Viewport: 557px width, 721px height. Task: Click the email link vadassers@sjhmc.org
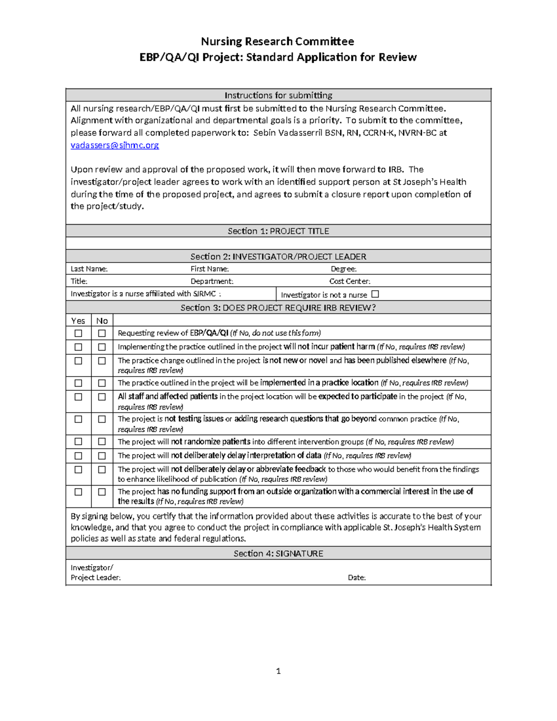(x=115, y=145)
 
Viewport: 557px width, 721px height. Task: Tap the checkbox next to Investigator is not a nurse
(x=376, y=294)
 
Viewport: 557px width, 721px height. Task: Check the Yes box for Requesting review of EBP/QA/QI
(x=78, y=333)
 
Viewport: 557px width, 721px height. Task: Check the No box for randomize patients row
(x=102, y=442)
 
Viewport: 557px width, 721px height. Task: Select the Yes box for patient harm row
(x=78, y=347)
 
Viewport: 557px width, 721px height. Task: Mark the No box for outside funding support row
(x=102, y=492)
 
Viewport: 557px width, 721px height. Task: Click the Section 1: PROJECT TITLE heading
(x=278, y=231)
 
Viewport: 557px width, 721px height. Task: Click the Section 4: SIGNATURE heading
(x=278, y=553)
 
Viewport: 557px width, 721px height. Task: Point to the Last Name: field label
(x=89, y=269)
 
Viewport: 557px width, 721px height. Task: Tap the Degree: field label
(x=343, y=269)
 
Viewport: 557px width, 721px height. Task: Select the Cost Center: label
(x=350, y=281)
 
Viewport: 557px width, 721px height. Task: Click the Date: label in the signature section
(x=356, y=578)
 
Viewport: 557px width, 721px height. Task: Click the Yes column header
(x=78, y=321)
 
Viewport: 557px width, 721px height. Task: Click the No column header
(x=102, y=321)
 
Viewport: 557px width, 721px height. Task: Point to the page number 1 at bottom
(x=278, y=671)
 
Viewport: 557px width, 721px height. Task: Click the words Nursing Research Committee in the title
(x=278, y=42)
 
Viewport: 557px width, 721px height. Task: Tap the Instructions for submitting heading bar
(x=278, y=96)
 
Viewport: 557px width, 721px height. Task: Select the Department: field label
(x=212, y=281)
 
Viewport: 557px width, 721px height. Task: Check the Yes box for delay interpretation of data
(x=78, y=456)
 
